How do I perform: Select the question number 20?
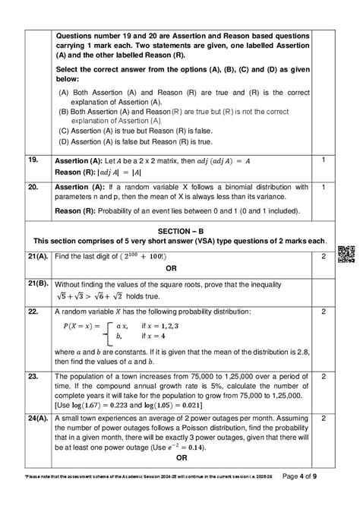click(32, 185)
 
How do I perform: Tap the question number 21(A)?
click(36, 258)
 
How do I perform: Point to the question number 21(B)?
click(36, 283)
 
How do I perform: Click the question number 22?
click(32, 311)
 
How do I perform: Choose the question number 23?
click(32, 376)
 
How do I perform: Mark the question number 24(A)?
click(36, 418)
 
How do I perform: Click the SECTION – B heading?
click(180, 230)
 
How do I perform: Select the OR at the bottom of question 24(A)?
click(181, 458)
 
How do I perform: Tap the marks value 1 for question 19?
click(324, 160)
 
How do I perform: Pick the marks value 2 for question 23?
click(324, 376)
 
